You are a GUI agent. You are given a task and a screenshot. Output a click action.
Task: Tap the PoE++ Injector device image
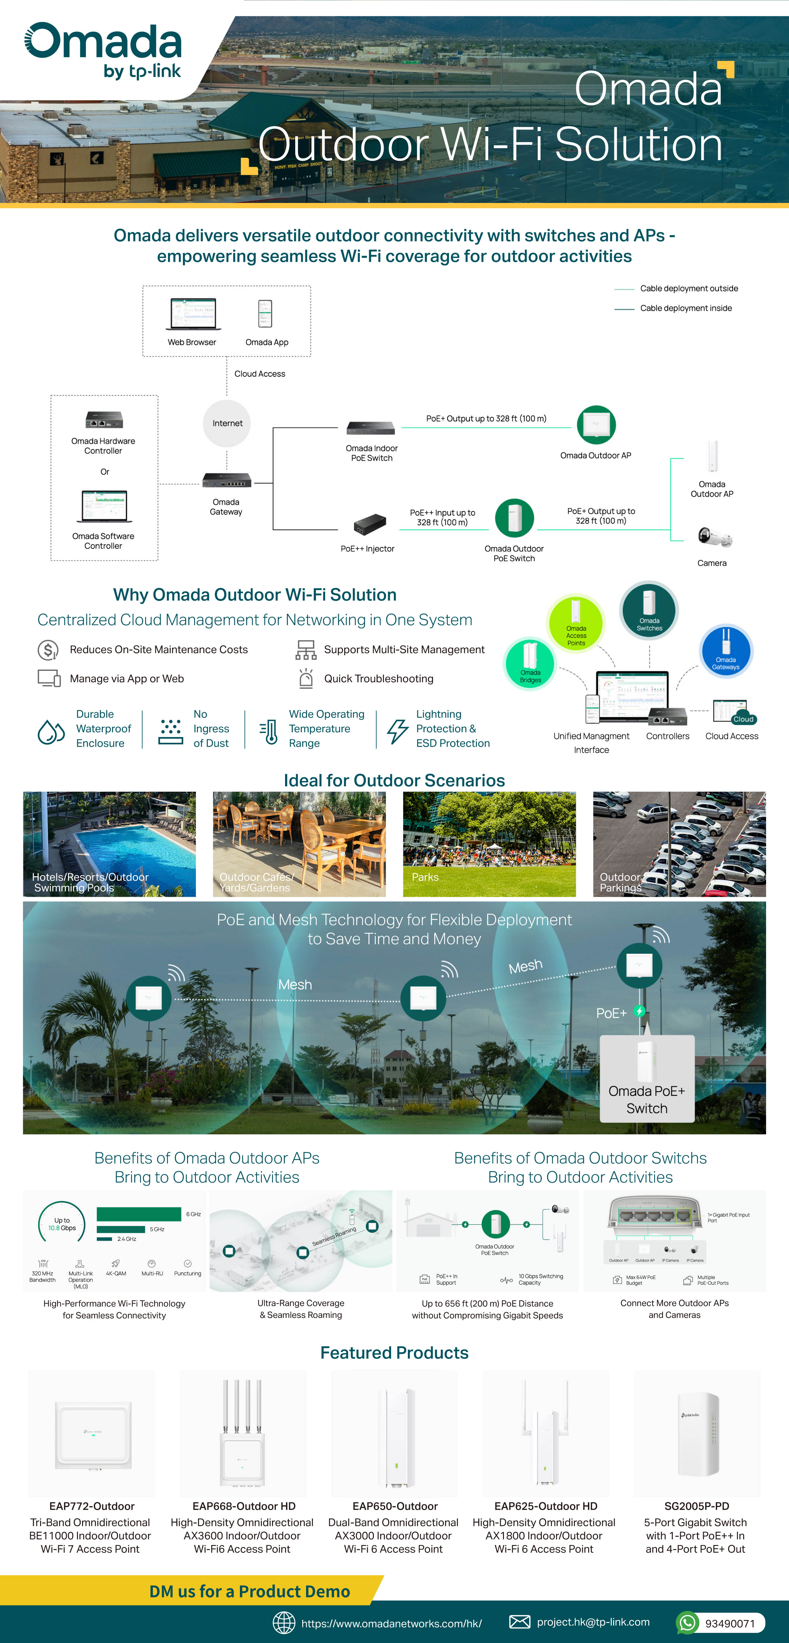pos(370,524)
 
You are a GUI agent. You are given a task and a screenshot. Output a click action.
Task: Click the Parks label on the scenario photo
pos(425,877)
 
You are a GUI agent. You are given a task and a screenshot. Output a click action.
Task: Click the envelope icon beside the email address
pos(519,1622)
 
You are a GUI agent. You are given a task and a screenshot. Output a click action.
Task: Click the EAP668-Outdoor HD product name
pos(244,1506)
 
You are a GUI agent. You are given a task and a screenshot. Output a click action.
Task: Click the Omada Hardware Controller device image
pos(104,420)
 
